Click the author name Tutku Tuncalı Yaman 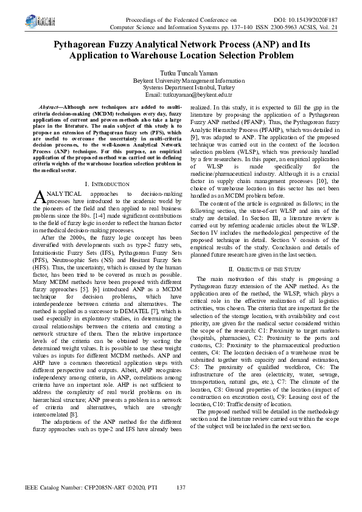click(x=181, y=72)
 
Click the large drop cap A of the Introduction click(x=38, y=196)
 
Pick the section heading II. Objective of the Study click(x=264, y=285)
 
